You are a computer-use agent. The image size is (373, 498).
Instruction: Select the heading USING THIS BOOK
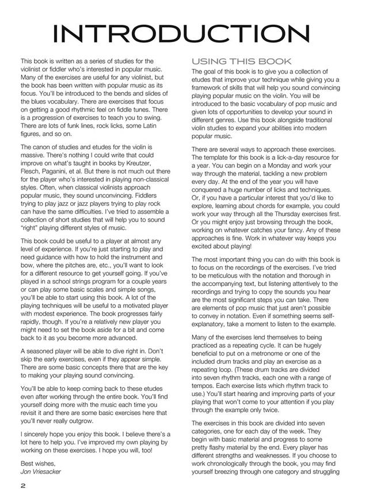coord(241,62)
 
